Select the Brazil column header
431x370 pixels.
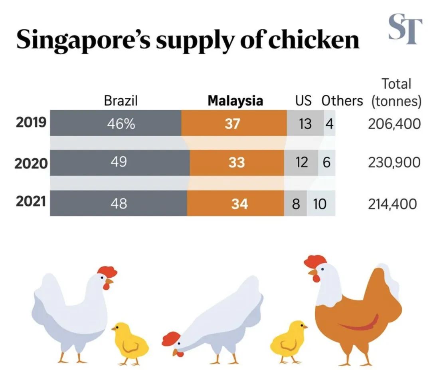(121, 101)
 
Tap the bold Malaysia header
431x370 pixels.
(235, 101)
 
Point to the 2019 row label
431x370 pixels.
(31, 123)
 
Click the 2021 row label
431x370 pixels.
(31, 202)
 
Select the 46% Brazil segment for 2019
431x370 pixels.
(116, 123)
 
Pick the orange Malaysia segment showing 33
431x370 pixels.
(237, 163)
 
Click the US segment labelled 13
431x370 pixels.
(305, 123)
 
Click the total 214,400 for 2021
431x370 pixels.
(392, 204)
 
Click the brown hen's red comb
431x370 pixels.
(315, 262)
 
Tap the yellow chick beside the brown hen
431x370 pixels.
(288, 340)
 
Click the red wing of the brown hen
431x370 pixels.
(361, 324)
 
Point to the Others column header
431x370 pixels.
(342, 101)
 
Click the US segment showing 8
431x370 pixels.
(296, 204)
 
